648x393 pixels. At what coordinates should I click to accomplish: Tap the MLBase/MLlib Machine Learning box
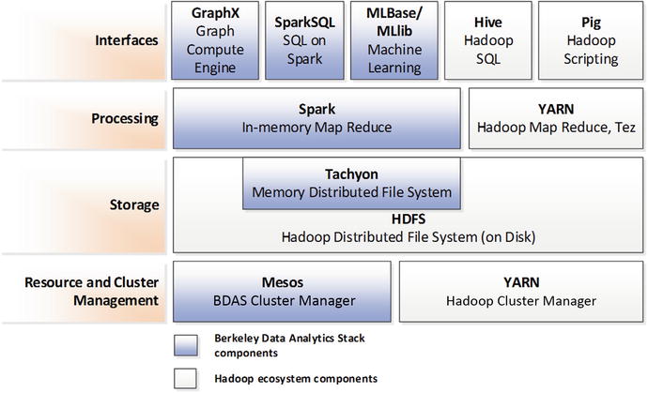[x=393, y=39]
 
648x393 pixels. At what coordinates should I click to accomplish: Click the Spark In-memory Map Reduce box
[x=317, y=118]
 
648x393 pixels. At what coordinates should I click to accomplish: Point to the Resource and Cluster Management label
[x=90, y=291]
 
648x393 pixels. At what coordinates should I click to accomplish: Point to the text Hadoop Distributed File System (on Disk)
[x=403, y=236]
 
